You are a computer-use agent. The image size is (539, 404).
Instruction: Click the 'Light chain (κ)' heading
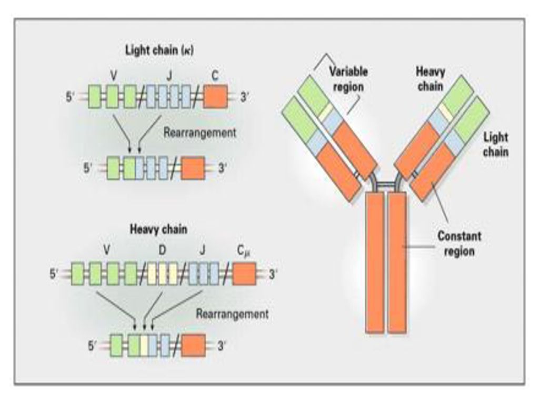point(159,50)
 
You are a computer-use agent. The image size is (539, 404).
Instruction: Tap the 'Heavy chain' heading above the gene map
point(158,229)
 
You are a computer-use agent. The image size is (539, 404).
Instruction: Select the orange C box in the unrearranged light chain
point(215,97)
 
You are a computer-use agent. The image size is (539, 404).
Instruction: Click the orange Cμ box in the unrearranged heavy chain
point(244,274)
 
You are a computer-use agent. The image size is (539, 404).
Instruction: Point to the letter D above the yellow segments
point(162,250)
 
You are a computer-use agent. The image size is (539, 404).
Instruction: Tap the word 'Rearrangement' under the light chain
point(199,133)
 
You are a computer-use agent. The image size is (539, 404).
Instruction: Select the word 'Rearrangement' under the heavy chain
point(232,314)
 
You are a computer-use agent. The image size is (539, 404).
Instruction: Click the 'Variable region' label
point(348,79)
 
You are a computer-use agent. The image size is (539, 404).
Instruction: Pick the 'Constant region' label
point(459,243)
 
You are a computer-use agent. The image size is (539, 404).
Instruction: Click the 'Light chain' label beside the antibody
point(496,144)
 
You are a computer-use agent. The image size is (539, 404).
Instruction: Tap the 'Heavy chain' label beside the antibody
point(431,79)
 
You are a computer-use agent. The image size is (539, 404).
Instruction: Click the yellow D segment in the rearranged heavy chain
point(144,345)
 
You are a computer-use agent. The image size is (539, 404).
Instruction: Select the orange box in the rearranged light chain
point(193,168)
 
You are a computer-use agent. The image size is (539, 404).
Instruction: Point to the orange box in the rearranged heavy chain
point(193,345)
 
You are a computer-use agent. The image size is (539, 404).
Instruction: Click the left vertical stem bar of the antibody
point(374,262)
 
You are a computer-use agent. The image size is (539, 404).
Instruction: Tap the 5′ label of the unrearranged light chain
point(70,97)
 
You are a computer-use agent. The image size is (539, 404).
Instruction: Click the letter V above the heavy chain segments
point(106,250)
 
